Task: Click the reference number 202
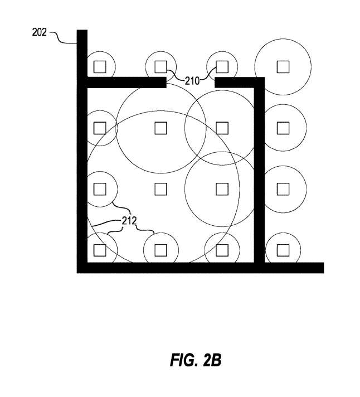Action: pyautogui.click(x=39, y=32)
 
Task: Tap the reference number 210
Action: pyautogui.click(x=192, y=81)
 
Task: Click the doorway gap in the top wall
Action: pyautogui.click(x=191, y=83)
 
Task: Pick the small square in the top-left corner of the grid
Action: pyautogui.click(x=100, y=67)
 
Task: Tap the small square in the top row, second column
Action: pyautogui.click(x=160, y=67)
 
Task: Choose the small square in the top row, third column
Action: pyautogui.click(x=222, y=67)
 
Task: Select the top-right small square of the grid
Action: pyautogui.click(x=283, y=67)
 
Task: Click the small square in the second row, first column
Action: pyautogui.click(x=100, y=128)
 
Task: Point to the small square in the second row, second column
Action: pyautogui.click(x=160, y=128)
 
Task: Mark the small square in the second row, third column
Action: pyautogui.click(x=222, y=128)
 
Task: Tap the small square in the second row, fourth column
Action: pyautogui.click(x=283, y=128)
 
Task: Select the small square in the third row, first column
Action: pyautogui.click(x=100, y=188)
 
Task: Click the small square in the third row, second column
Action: pyautogui.click(x=160, y=188)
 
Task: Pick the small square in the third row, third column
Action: pyautogui.click(x=222, y=188)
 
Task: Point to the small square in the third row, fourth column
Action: pyautogui.click(x=283, y=188)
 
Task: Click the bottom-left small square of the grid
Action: pyautogui.click(x=100, y=249)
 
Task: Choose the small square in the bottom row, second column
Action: pyautogui.click(x=160, y=249)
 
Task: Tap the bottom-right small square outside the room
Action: pyautogui.click(x=283, y=249)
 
